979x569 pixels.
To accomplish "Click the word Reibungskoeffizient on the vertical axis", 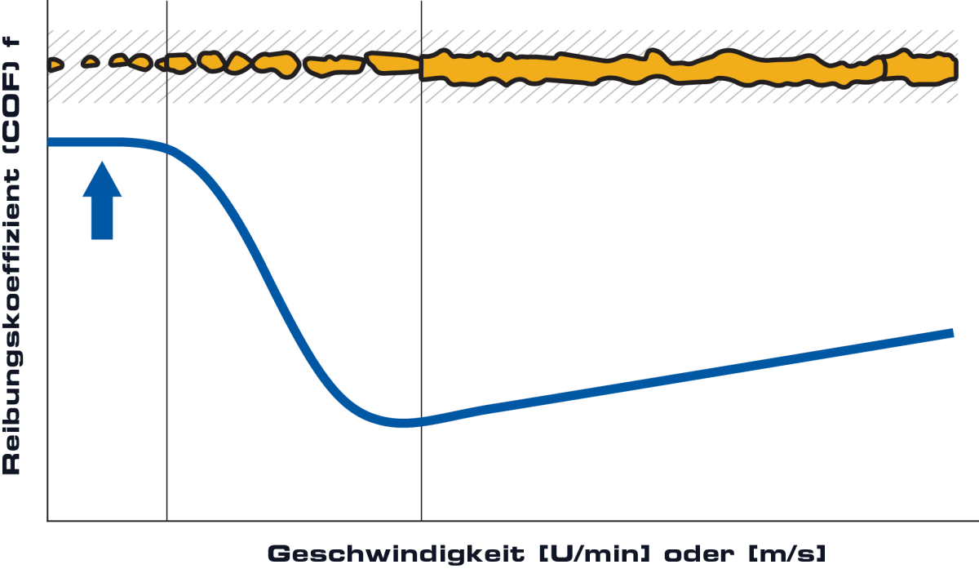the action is (11, 322).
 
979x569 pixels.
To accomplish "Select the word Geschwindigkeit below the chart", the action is (396, 554).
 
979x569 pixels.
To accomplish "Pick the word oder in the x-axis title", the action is (699, 554).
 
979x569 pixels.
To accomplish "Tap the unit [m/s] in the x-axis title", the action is (787, 554).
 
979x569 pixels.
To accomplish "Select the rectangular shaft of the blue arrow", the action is (102, 218).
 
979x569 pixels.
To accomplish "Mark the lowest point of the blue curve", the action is (405, 423).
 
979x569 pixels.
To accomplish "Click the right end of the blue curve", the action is (953, 333).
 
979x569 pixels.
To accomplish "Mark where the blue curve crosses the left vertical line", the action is (166, 149).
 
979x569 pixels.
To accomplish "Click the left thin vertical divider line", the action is (166, 260).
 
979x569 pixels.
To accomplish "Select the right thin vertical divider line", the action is (421, 260).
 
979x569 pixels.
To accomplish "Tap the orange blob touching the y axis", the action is (54, 65).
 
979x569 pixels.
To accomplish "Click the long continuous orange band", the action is (651, 69).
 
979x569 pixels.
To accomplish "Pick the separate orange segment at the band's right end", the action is (920, 69).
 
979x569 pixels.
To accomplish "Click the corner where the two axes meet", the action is (47, 521).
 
